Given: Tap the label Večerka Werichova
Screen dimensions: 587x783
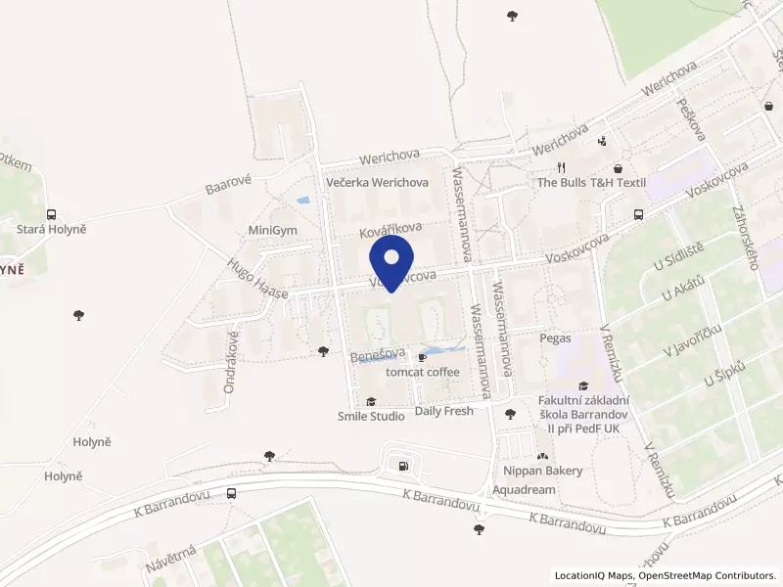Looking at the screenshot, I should (x=378, y=183).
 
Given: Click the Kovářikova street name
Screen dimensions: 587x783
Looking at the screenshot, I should (x=389, y=227).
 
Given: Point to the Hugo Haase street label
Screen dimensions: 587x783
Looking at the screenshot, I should (x=257, y=279).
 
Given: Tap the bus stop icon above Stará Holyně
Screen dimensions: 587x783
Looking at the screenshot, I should (x=51, y=214).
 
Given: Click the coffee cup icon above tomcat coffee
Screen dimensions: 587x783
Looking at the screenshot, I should (x=423, y=357).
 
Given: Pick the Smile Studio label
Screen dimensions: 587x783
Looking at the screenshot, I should (x=371, y=417).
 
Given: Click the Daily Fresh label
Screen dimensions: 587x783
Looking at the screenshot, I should (x=444, y=411).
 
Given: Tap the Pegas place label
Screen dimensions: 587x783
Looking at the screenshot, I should (x=555, y=338).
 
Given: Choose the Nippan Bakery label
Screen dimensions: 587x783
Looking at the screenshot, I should (x=543, y=471).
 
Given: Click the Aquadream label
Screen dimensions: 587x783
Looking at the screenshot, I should (x=525, y=489).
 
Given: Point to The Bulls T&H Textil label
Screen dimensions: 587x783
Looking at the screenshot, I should (x=592, y=183).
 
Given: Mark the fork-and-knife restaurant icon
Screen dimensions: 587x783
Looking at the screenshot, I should (x=561, y=166).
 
